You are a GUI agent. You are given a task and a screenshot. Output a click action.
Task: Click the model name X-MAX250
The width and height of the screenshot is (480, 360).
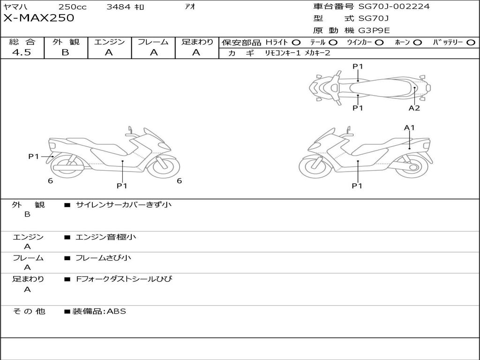(38, 18)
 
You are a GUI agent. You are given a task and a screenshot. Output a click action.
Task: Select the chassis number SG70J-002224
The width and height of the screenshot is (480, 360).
(394, 7)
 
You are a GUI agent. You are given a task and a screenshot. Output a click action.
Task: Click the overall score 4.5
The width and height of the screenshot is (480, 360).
(22, 52)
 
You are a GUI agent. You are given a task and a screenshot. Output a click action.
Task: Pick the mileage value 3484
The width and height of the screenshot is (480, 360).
(119, 7)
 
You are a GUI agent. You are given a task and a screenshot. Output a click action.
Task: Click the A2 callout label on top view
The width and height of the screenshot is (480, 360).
(414, 108)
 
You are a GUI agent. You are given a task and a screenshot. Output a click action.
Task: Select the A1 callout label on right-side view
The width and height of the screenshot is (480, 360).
(409, 127)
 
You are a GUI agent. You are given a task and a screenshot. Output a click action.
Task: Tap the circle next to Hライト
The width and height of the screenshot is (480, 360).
(296, 43)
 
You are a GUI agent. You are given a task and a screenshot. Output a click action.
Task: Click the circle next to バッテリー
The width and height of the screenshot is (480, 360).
(471, 43)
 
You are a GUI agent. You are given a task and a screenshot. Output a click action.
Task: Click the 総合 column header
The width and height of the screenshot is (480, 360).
(22, 42)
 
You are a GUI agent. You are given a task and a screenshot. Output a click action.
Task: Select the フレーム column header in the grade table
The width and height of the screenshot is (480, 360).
(153, 42)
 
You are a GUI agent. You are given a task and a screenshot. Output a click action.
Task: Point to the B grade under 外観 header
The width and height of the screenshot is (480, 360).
(65, 52)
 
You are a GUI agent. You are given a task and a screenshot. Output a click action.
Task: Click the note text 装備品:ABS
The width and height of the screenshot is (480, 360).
(99, 311)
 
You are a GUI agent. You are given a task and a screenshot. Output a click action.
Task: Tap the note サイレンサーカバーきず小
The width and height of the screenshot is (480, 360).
(123, 205)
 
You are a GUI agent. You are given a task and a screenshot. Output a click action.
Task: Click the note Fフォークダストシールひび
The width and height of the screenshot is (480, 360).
(124, 279)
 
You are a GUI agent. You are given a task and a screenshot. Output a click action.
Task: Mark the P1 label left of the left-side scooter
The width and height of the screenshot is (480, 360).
(33, 157)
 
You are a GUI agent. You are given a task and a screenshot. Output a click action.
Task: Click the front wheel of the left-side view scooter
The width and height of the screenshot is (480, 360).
(164, 165)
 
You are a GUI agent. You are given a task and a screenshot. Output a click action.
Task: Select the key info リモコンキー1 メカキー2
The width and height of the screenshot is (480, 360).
(297, 53)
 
